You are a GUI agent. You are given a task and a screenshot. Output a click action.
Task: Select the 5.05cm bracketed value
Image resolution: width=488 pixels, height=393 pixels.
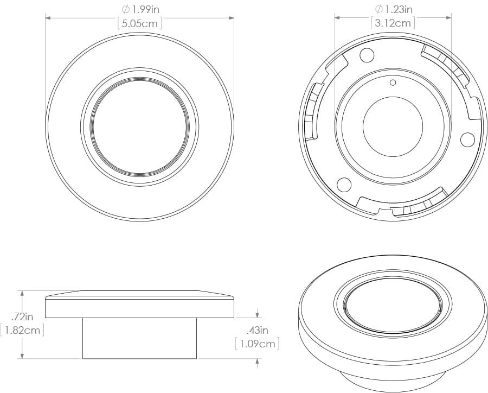(x=140, y=23)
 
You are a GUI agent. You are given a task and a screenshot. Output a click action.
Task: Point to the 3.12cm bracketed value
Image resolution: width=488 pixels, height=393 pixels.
(x=394, y=23)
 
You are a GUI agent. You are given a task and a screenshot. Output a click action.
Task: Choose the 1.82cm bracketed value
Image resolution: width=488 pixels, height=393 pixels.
(x=22, y=329)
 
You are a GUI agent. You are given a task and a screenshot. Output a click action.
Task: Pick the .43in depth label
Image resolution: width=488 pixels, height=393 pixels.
(x=256, y=330)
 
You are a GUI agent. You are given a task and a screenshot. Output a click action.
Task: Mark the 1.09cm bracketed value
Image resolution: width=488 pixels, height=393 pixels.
(x=257, y=344)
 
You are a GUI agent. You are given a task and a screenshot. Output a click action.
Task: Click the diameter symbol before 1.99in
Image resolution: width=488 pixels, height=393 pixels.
(x=125, y=10)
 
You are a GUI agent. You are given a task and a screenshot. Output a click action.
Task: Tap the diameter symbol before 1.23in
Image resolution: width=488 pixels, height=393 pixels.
(x=378, y=9)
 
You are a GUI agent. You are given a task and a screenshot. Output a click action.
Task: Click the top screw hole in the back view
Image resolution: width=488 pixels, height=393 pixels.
(x=367, y=55)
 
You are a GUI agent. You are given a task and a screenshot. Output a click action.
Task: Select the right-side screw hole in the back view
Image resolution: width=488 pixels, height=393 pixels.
(x=467, y=140)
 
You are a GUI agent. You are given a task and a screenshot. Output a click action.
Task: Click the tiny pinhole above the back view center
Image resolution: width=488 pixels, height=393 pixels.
(x=394, y=83)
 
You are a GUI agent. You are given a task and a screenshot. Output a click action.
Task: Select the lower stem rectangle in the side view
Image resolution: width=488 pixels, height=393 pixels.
(x=139, y=338)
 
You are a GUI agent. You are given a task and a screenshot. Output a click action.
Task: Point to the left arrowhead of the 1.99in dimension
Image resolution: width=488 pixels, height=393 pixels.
(x=48, y=18)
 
